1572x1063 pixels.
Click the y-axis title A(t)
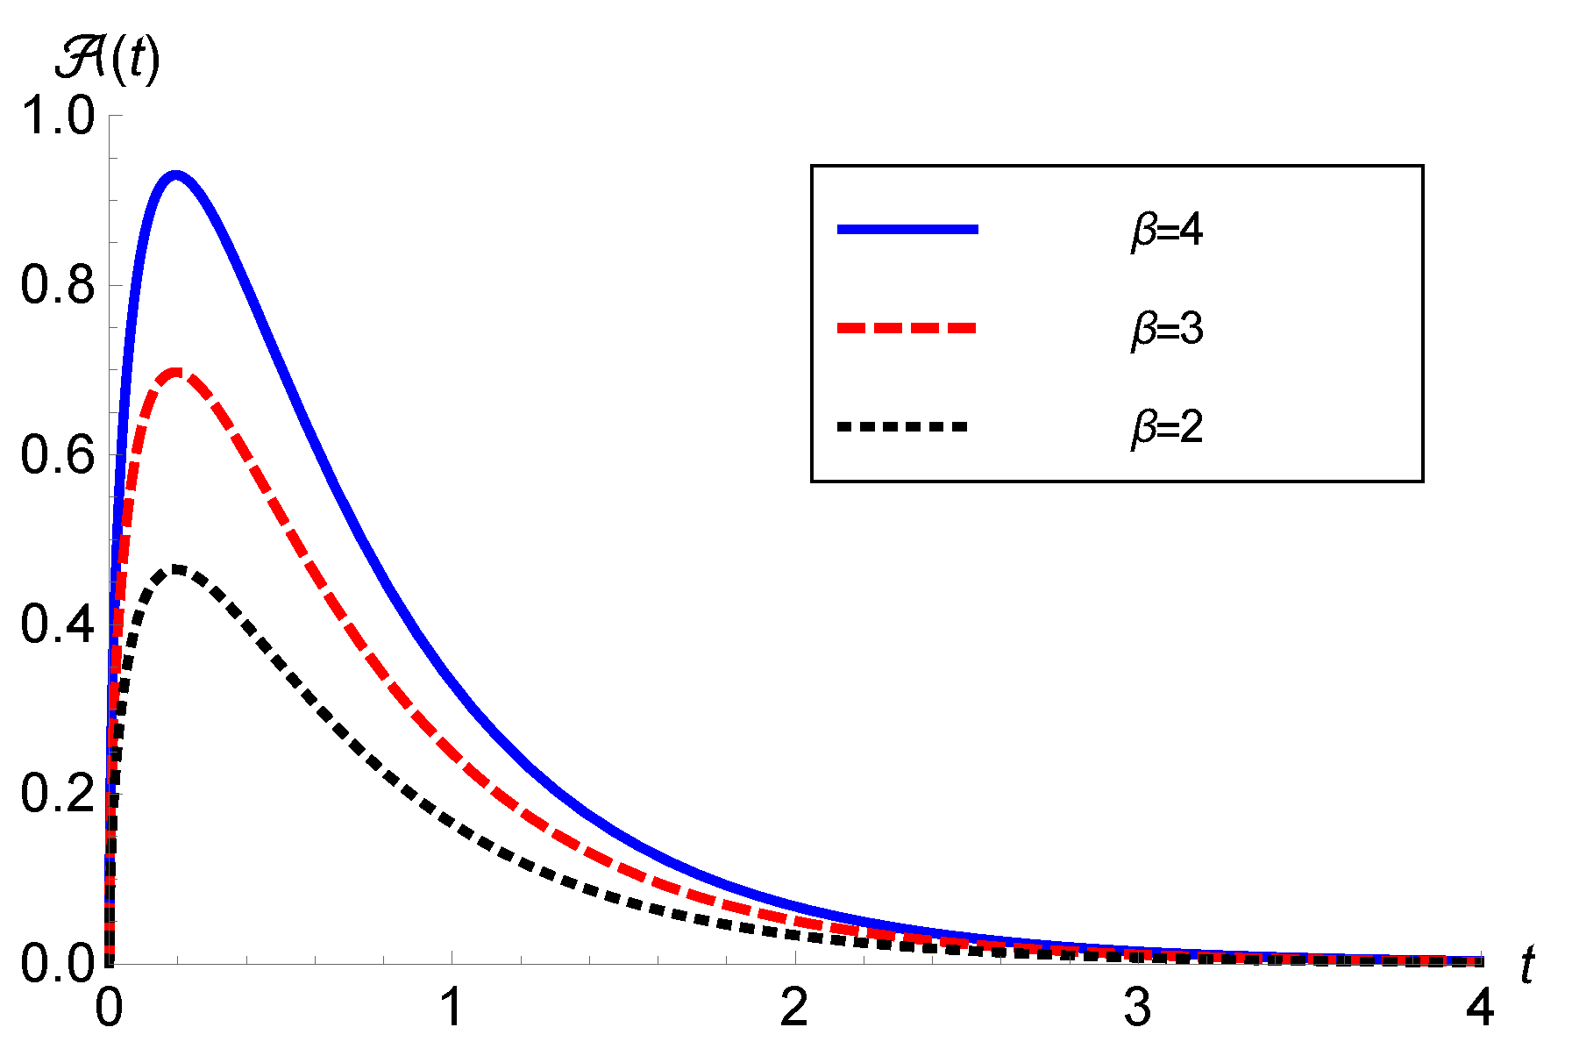[107, 61]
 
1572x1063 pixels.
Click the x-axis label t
[1527, 966]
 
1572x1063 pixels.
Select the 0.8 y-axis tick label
[57, 285]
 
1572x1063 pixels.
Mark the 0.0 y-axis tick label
[57, 963]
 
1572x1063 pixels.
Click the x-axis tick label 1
[452, 1008]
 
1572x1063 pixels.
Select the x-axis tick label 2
[794, 1008]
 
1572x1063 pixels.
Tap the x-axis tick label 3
[1137, 1008]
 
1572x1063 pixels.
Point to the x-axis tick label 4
[1480, 1008]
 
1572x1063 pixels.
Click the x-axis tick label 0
[109, 1008]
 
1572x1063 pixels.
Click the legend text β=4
[1167, 231]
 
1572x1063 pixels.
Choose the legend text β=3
[1167, 329]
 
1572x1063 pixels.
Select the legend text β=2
[1167, 427]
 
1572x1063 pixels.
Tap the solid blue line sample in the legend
[907, 230]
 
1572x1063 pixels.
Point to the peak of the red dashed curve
[176, 373]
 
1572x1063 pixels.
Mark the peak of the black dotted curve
[177, 569]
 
